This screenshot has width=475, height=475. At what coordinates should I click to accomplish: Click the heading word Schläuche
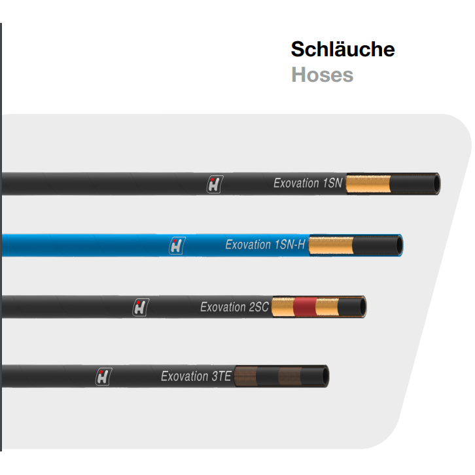pyautogui.click(x=343, y=50)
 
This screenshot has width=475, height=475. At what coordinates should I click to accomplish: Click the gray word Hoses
pyautogui.click(x=322, y=75)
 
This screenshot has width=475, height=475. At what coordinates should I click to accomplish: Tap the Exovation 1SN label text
pyautogui.click(x=308, y=183)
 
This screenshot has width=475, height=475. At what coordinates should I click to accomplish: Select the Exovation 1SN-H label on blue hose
pyautogui.click(x=266, y=245)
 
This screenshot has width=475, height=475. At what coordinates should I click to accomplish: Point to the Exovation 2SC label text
pyautogui.click(x=234, y=307)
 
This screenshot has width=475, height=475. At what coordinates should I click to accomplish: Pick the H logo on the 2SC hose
pyautogui.click(x=140, y=307)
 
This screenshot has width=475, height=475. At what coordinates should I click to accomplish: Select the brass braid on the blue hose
pyautogui.click(x=330, y=245)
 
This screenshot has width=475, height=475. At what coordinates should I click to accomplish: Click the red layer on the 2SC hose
pyautogui.click(x=304, y=306)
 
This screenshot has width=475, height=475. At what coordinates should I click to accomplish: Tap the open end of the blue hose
pyautogui.click(x=398, y=245)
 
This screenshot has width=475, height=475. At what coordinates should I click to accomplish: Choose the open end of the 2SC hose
pyautogui.click(x=361, y=306)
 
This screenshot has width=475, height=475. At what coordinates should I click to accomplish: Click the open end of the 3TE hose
pyautogui.click(x=324, y=376)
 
